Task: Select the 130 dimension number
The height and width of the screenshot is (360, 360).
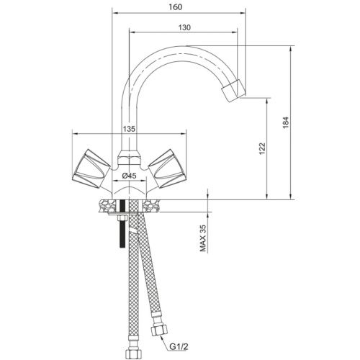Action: coord(184,27)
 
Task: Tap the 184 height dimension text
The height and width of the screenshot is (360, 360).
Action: coord(286,122)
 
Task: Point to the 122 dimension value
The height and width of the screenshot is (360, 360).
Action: coord(263,149)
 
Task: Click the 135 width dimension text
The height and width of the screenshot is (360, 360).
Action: coord(129,129)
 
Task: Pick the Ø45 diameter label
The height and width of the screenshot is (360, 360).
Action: coord(129,176)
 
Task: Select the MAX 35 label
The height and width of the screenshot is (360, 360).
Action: coord(203,238)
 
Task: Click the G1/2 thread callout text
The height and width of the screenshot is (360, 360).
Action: coord(179,346)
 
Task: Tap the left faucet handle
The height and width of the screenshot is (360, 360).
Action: coord(91,169)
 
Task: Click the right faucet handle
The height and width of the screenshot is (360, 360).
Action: coord(167,168)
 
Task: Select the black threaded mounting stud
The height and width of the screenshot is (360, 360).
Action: coord(122,224)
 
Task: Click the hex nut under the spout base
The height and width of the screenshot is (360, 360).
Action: coord(129,158)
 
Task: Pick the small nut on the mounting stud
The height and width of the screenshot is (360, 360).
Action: coord(122,218)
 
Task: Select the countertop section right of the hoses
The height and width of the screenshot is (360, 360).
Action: coord(152,205)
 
